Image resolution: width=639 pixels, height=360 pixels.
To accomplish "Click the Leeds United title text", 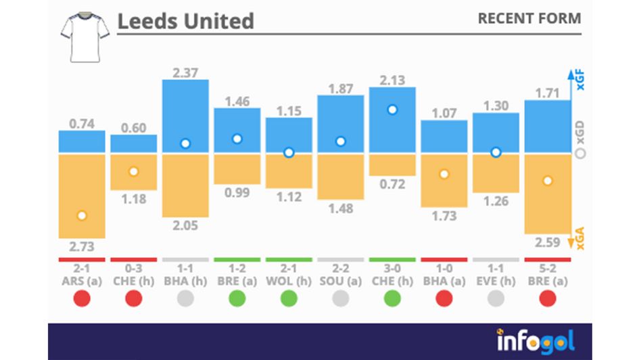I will click(x=185, y=21).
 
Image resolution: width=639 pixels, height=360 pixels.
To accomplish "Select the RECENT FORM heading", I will click(x=529, y=18).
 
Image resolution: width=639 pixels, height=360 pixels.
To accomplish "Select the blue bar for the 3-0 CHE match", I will click(x=392, y=120).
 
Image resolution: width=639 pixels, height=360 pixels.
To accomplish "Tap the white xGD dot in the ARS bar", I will click(x=82, y=216).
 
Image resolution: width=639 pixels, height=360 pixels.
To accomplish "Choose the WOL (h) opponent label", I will click(x=289, y=281).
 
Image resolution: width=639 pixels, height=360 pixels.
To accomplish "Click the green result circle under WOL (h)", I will click(x=289, y=298).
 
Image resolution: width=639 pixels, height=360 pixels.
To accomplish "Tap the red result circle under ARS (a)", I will click(x=82, y=298).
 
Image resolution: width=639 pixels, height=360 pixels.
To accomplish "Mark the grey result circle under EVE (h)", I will click(x=496, y=298).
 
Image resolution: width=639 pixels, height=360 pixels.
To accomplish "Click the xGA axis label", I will click(x=579, y=238).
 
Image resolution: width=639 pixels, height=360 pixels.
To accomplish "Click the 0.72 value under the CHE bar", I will click(x=392, y=184).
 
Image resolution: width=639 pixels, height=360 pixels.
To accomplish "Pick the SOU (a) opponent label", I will click(x=340, y=281).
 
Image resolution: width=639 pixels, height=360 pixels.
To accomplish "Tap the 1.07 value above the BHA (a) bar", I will click(x=444, y=112).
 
